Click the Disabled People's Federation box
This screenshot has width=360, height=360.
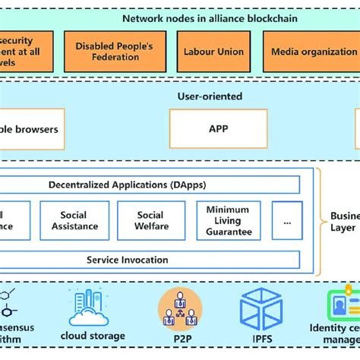pos(114,52)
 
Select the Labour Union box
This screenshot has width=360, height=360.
pos(213,52)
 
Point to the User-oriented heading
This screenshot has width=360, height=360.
pos(210,96)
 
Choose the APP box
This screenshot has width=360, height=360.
pos(218,128)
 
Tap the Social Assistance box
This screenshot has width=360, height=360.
pos(74,220)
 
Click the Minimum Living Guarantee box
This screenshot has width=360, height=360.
pos(228,221)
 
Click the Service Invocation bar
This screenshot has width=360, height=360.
pos(127,260)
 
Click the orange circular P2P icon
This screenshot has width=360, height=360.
pos(180,308)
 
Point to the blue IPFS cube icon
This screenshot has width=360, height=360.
pos(261,308)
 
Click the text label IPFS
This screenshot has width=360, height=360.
pos(261,336)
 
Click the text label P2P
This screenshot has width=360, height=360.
pos(180,336)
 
